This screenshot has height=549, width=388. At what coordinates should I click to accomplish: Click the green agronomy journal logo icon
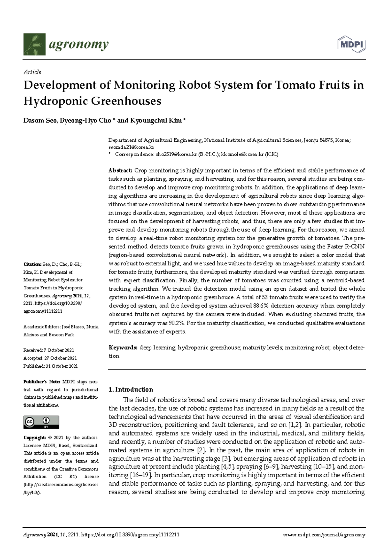pyautogui.click(x=34, y=44)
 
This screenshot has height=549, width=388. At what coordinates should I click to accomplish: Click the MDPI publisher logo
pyautogui.click(x=351, y=44)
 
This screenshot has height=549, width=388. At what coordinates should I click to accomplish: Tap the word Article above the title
pyautogui.click(x=32, y=72)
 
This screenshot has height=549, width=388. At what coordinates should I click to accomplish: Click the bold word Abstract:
pyautogui.click(x=120, y=170)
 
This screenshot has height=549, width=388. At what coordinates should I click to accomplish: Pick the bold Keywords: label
pyautogui.click(x=123, y=348)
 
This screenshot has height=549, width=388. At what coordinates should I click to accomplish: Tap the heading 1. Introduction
pyautogui.click(x=131, y=389)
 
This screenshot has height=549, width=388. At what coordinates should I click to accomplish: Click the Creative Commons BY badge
pyautogui.click(x=41, y=422)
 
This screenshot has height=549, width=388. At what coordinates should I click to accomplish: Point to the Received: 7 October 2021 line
pyautogui.click(x=48, y=350)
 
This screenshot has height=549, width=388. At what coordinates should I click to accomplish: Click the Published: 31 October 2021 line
pyautogui.click(x=50, y=366)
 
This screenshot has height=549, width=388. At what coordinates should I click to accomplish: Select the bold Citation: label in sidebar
pyautogui.click(x=32, y=264)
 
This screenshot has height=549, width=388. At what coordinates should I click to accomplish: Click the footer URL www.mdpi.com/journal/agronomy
pyautogui.click(x=324, y=535)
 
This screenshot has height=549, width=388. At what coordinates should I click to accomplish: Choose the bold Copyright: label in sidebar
pyautogui.click(x=34, y=437)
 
